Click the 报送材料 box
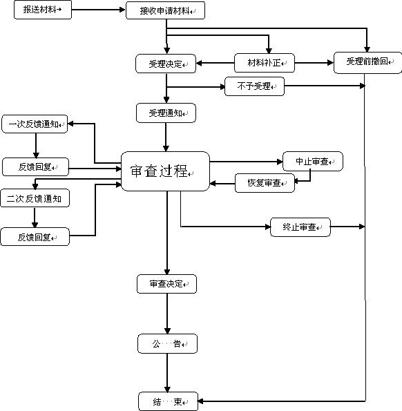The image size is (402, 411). pos(42,11)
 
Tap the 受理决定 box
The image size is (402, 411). pos(166,64)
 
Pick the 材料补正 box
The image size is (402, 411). pos(265,64)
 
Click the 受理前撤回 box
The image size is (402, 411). pos(367,62)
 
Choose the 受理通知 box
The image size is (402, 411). pos(166,113)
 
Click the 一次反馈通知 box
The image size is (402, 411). pos(35,124)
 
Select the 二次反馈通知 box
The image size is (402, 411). pos(35,198)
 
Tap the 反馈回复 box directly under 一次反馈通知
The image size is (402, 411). pos(35,166)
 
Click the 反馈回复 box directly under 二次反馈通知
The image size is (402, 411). pos(35,237)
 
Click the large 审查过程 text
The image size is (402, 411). pos(160,171)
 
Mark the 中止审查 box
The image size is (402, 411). pos(313,161)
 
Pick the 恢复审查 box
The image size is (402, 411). pos(265,184)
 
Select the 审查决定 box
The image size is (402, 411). pos(166,283)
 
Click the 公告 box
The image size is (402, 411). pos(166,343)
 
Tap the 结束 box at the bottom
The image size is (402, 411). pos(166,401)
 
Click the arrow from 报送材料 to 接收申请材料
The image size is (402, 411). pos(99,11)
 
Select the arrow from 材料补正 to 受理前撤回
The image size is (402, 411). pos(314,64)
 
